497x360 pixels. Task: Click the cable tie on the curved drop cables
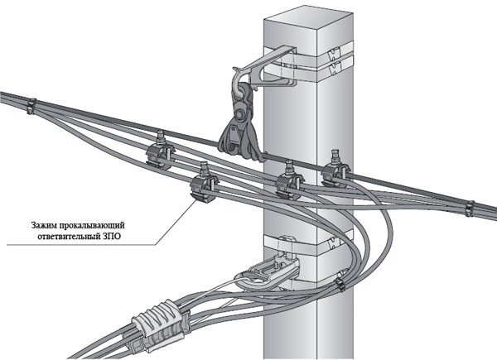click(x=339, y=285)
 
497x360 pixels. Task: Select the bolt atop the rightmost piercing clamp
click(x=335, y=155)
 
